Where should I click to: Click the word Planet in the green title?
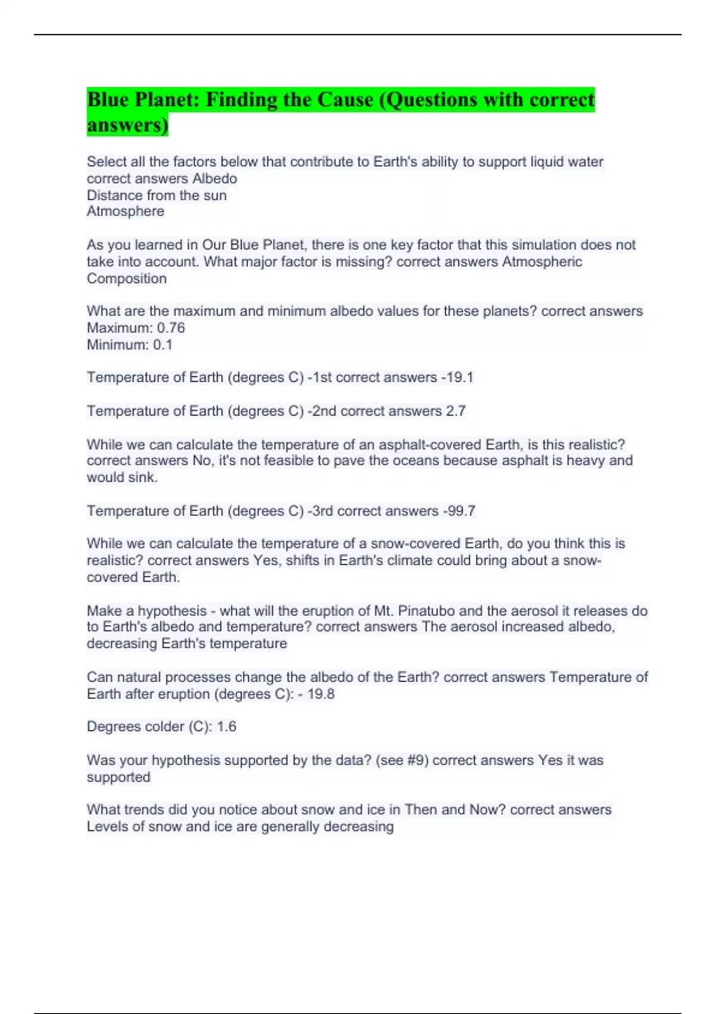[x=168, y=100]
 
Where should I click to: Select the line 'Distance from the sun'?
[x=156, y=195]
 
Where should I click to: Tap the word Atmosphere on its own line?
[x=125, y=211]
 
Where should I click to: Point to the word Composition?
[x=126, y=279]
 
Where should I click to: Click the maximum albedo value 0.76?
[x=171, y=327]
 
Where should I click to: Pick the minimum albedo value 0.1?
[x=162, y=344]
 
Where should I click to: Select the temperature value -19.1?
[x=457, y=377]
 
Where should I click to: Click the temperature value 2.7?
[x=455, y=411]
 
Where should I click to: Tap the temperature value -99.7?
[x=459, y=511]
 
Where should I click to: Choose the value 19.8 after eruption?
[x=321, y=694]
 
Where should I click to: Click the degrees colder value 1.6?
[x=226, y=727]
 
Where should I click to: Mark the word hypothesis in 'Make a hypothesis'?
[x=172, y=611]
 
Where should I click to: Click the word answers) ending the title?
[x=128, y=125]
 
